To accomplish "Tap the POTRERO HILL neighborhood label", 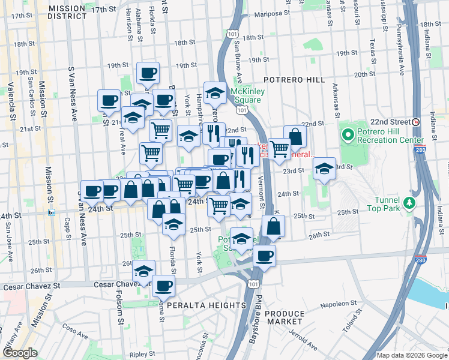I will coord(295,80).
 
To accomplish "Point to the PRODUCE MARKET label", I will coord(285,319).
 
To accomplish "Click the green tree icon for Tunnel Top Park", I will coord(409,203).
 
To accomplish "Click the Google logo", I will coord(19,353).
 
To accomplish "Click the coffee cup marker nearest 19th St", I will coord(148,73).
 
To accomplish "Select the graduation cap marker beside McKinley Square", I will coord(215,92).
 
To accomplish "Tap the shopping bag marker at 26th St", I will coord(273,226).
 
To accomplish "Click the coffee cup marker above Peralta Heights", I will coord(163,286).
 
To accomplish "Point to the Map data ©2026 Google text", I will coord(412,355).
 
